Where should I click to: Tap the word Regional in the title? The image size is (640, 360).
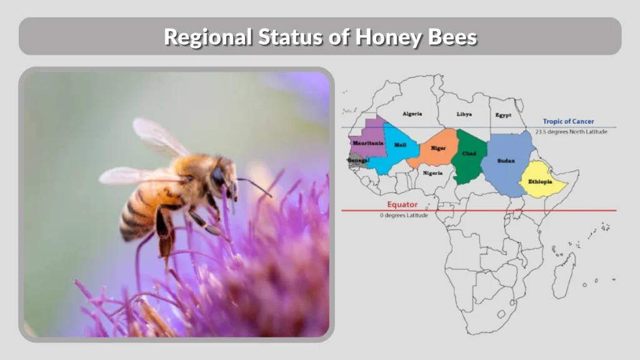click(207, 37)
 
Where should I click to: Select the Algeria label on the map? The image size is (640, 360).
click(412, 114)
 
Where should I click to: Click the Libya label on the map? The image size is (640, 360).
click(464, 114)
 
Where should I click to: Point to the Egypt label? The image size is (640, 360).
click(503, 115)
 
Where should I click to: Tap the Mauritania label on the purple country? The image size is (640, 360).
click(367, 143)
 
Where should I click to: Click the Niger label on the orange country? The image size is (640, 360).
click(438, 148)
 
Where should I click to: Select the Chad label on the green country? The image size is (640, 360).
click(469, 153)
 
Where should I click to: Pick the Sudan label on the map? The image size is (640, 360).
click(506, 161)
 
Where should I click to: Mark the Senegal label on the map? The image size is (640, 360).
click(359, 161)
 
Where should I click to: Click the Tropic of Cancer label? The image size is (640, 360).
click(568, 122)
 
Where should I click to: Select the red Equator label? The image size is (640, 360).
click(402, 204)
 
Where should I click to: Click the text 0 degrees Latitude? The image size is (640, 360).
click(404, 216)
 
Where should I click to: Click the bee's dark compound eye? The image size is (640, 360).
click(218, 177)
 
